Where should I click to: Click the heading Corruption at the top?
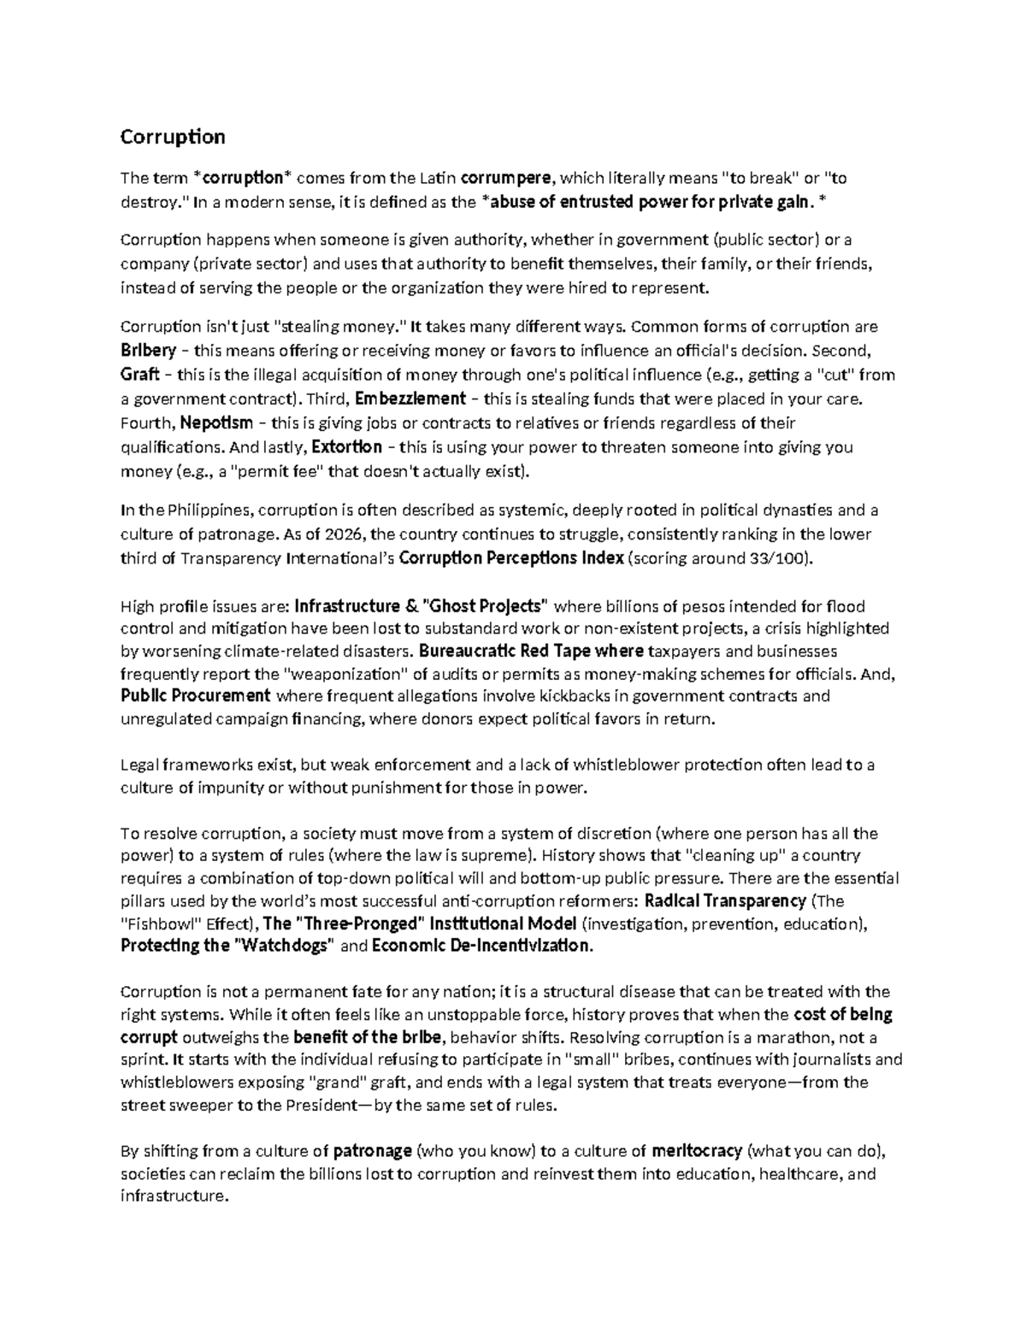173,137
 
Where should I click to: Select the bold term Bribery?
149,351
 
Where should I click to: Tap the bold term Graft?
140,375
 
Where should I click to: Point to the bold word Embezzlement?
410,398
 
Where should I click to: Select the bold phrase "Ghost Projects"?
485,606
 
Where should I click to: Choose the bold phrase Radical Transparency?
724,900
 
